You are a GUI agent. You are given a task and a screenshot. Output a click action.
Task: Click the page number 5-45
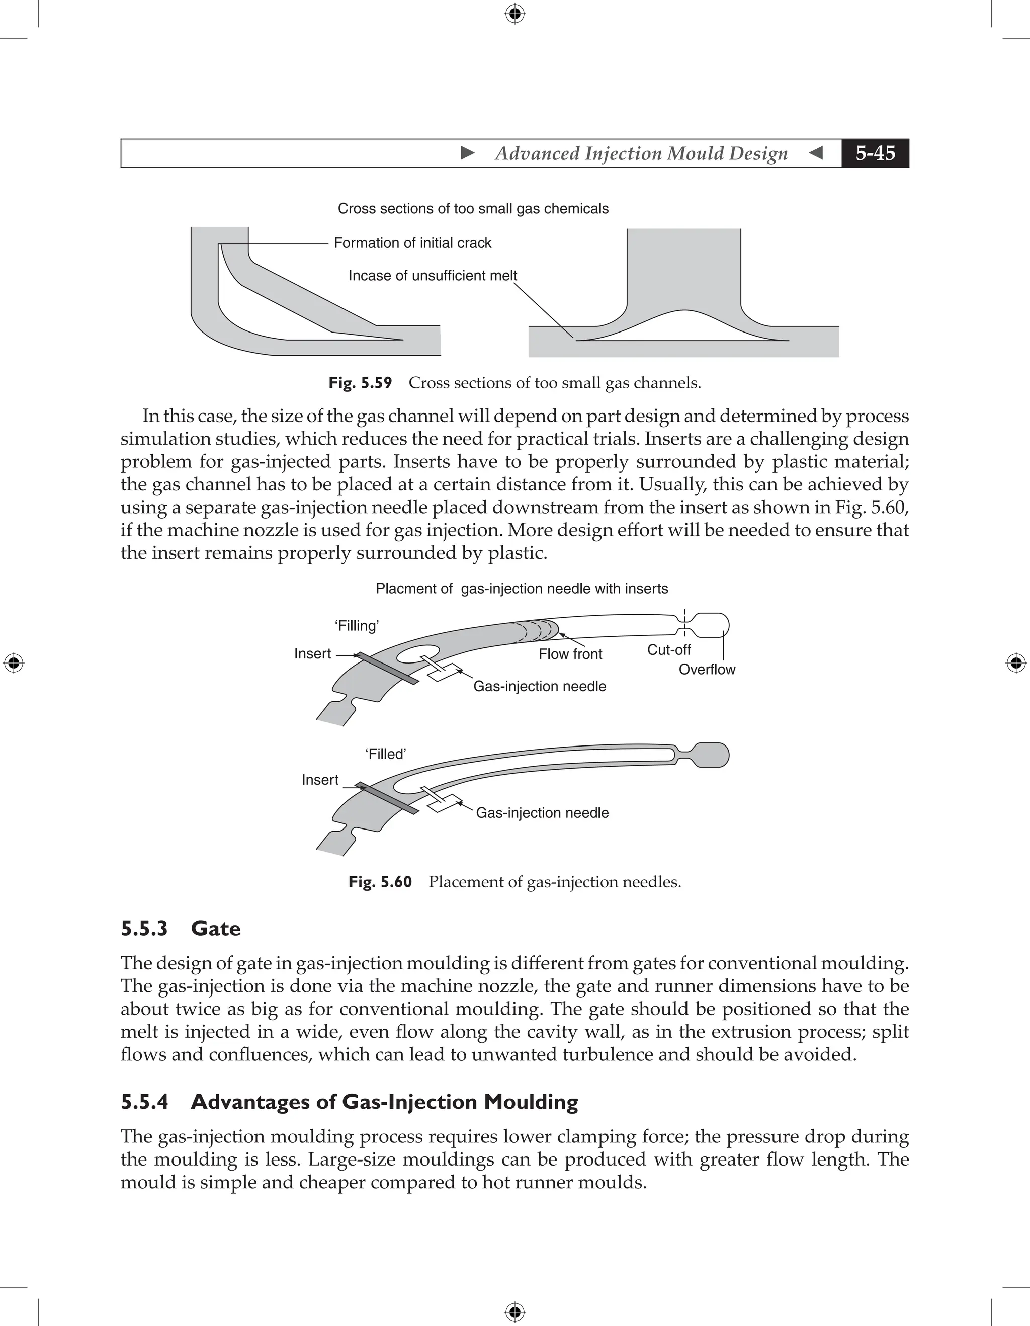click(x=875, y=153)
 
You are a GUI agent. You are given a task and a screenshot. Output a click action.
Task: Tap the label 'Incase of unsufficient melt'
click(x=432, y=276)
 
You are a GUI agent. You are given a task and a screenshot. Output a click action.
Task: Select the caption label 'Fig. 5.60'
click(x=380, y=882)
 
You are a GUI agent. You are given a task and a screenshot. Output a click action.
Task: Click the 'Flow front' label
click(x=570, y=654)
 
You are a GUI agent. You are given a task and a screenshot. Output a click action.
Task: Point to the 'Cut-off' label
click(x=668, y=649)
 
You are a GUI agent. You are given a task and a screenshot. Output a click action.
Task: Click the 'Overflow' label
click(x=707, y=669)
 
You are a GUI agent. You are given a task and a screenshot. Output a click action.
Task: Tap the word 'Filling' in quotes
click(x=357, y=626)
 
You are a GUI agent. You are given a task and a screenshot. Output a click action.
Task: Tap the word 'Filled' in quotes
click(x=385, y=754)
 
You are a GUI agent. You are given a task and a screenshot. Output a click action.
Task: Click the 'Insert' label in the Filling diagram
click(x=313, y=654)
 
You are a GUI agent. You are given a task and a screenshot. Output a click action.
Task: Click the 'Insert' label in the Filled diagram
click(x=320, y=780)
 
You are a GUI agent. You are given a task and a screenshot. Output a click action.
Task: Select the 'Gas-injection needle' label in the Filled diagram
click(x=542, y=813)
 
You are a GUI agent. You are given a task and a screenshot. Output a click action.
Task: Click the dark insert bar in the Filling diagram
click(x=386, y=669)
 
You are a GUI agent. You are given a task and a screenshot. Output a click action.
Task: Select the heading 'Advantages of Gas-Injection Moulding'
click(x=384, y=1102)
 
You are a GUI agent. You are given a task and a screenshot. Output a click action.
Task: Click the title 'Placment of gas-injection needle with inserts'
click(x=522, y=589)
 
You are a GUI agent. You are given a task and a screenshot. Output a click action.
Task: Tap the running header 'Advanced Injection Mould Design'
click(x=641, y=153)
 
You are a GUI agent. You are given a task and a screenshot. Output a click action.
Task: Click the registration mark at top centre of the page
click(x=514, y=14)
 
